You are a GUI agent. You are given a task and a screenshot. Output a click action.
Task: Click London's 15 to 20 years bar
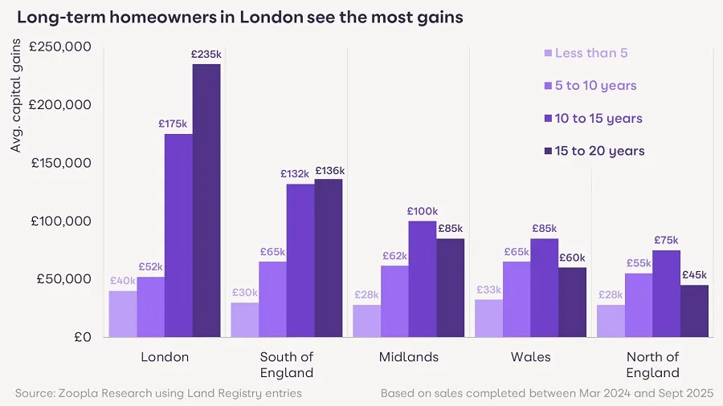coord(206,201)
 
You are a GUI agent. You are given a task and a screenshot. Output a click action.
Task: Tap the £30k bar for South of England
coord(245,319)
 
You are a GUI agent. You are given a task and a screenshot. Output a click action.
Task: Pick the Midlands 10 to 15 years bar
coord(423,278)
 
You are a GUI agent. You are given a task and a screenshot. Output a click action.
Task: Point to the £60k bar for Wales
coord(572,302)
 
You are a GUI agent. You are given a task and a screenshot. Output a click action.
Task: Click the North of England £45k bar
coord(694,311)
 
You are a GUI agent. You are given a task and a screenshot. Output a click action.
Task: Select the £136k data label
coord(329,170)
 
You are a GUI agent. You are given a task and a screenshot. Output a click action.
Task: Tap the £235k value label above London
coord(206,55)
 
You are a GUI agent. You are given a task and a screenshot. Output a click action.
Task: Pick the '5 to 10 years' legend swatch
coord(549,86)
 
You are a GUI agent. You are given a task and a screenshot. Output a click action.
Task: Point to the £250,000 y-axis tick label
coord(62,47)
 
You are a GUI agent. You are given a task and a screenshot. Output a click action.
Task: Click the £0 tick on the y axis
coord(83,337)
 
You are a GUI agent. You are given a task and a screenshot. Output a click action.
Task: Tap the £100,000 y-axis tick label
coord(62,221)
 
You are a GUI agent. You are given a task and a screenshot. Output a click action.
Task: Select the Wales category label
coord(530,357)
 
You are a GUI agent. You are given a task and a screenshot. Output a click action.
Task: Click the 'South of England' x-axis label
coord(287,364)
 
